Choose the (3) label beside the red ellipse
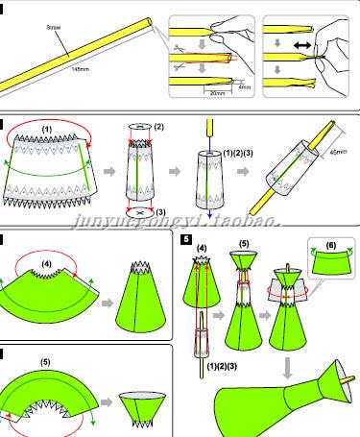(x=159, y=211)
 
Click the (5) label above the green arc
(x=45, y=363)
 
